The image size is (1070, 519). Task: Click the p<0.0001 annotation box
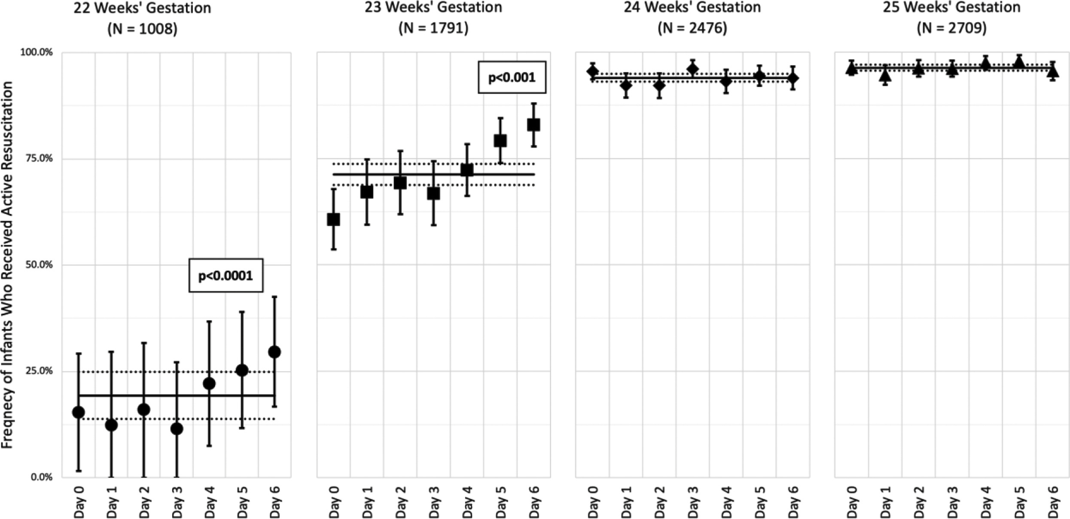(x=226, y=275)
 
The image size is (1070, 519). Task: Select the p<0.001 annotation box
(x=512, y=77)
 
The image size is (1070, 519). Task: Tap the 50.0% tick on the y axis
(x=37, y=265)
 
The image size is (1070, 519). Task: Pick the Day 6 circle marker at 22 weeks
(x=274, y=352)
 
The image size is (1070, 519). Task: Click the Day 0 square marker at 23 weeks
(x=333, y=220)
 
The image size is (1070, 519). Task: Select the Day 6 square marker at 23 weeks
(x=533, y=125)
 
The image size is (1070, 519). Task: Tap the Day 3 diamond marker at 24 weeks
(x=692, y=68)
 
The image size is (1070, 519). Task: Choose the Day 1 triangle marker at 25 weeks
(x=885, y=76)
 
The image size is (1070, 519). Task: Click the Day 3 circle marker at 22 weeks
(x=177, y=429)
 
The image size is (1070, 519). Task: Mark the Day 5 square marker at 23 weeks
(x=500, y=140)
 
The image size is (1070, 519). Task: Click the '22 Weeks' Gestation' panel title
(x=142, y=8)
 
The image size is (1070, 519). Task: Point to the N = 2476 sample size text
(x=692, y=28)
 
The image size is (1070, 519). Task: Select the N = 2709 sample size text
(x=951, y=28)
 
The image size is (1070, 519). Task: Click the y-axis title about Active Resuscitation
(x=7, y=265)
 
